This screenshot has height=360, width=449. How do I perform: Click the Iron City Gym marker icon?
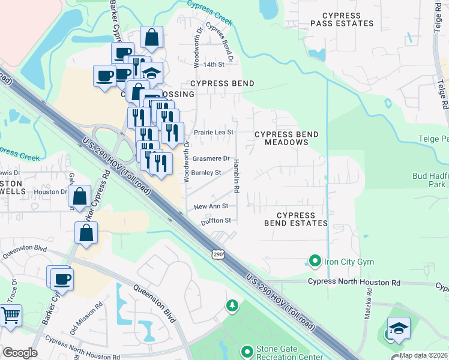pyautogui.click(x=314, y=261)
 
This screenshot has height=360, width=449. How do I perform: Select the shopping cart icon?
pyautogui.click(x=10, y=315)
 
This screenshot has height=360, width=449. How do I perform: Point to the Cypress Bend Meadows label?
pyautogui.click(x=281, y=138)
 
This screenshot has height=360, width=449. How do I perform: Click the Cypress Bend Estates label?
pyautogui.click(x=297, y=219)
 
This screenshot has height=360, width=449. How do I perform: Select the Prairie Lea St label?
pyautogui.click(x=213, y=132)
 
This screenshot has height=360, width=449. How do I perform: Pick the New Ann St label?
pyautogui.click(x=211, y=206)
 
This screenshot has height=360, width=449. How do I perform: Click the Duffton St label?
pyautogui.click(x=215, y=220)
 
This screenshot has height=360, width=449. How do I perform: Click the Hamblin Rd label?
pyautogui.click(x=237, y=175)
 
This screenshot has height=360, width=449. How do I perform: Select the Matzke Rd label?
pyautogui.click(x=368, y=307)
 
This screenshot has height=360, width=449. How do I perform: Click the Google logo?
pyautogui.click(x=20, y=353)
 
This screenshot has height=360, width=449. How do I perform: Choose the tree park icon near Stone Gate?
pyautogui.click(x=232, y=307)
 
